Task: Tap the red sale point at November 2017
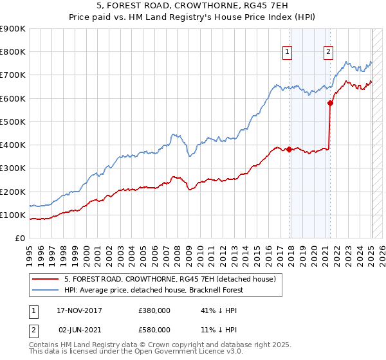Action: (x=289, y=150)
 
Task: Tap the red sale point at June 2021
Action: (x=330, y=103)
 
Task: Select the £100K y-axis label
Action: (x=13, y=215)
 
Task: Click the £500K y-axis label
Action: (x=13, y=122)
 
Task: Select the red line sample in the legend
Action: (x=46, y=278)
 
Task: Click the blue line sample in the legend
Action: (x=46, y=289)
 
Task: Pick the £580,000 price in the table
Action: (x=154, y=329)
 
